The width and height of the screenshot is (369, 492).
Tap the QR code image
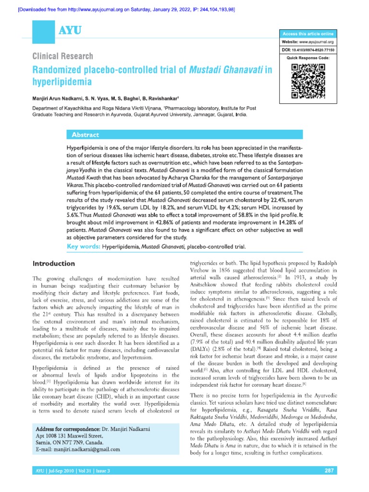click(x=307, y=80)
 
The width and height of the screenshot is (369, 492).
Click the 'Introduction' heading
click(x=53, y=264)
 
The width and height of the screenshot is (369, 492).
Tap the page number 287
click(x=329, y=470)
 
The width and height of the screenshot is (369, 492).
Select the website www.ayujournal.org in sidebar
click(x=317, y=42)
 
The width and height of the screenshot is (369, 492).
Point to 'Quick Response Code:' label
click(x=308, y=58)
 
